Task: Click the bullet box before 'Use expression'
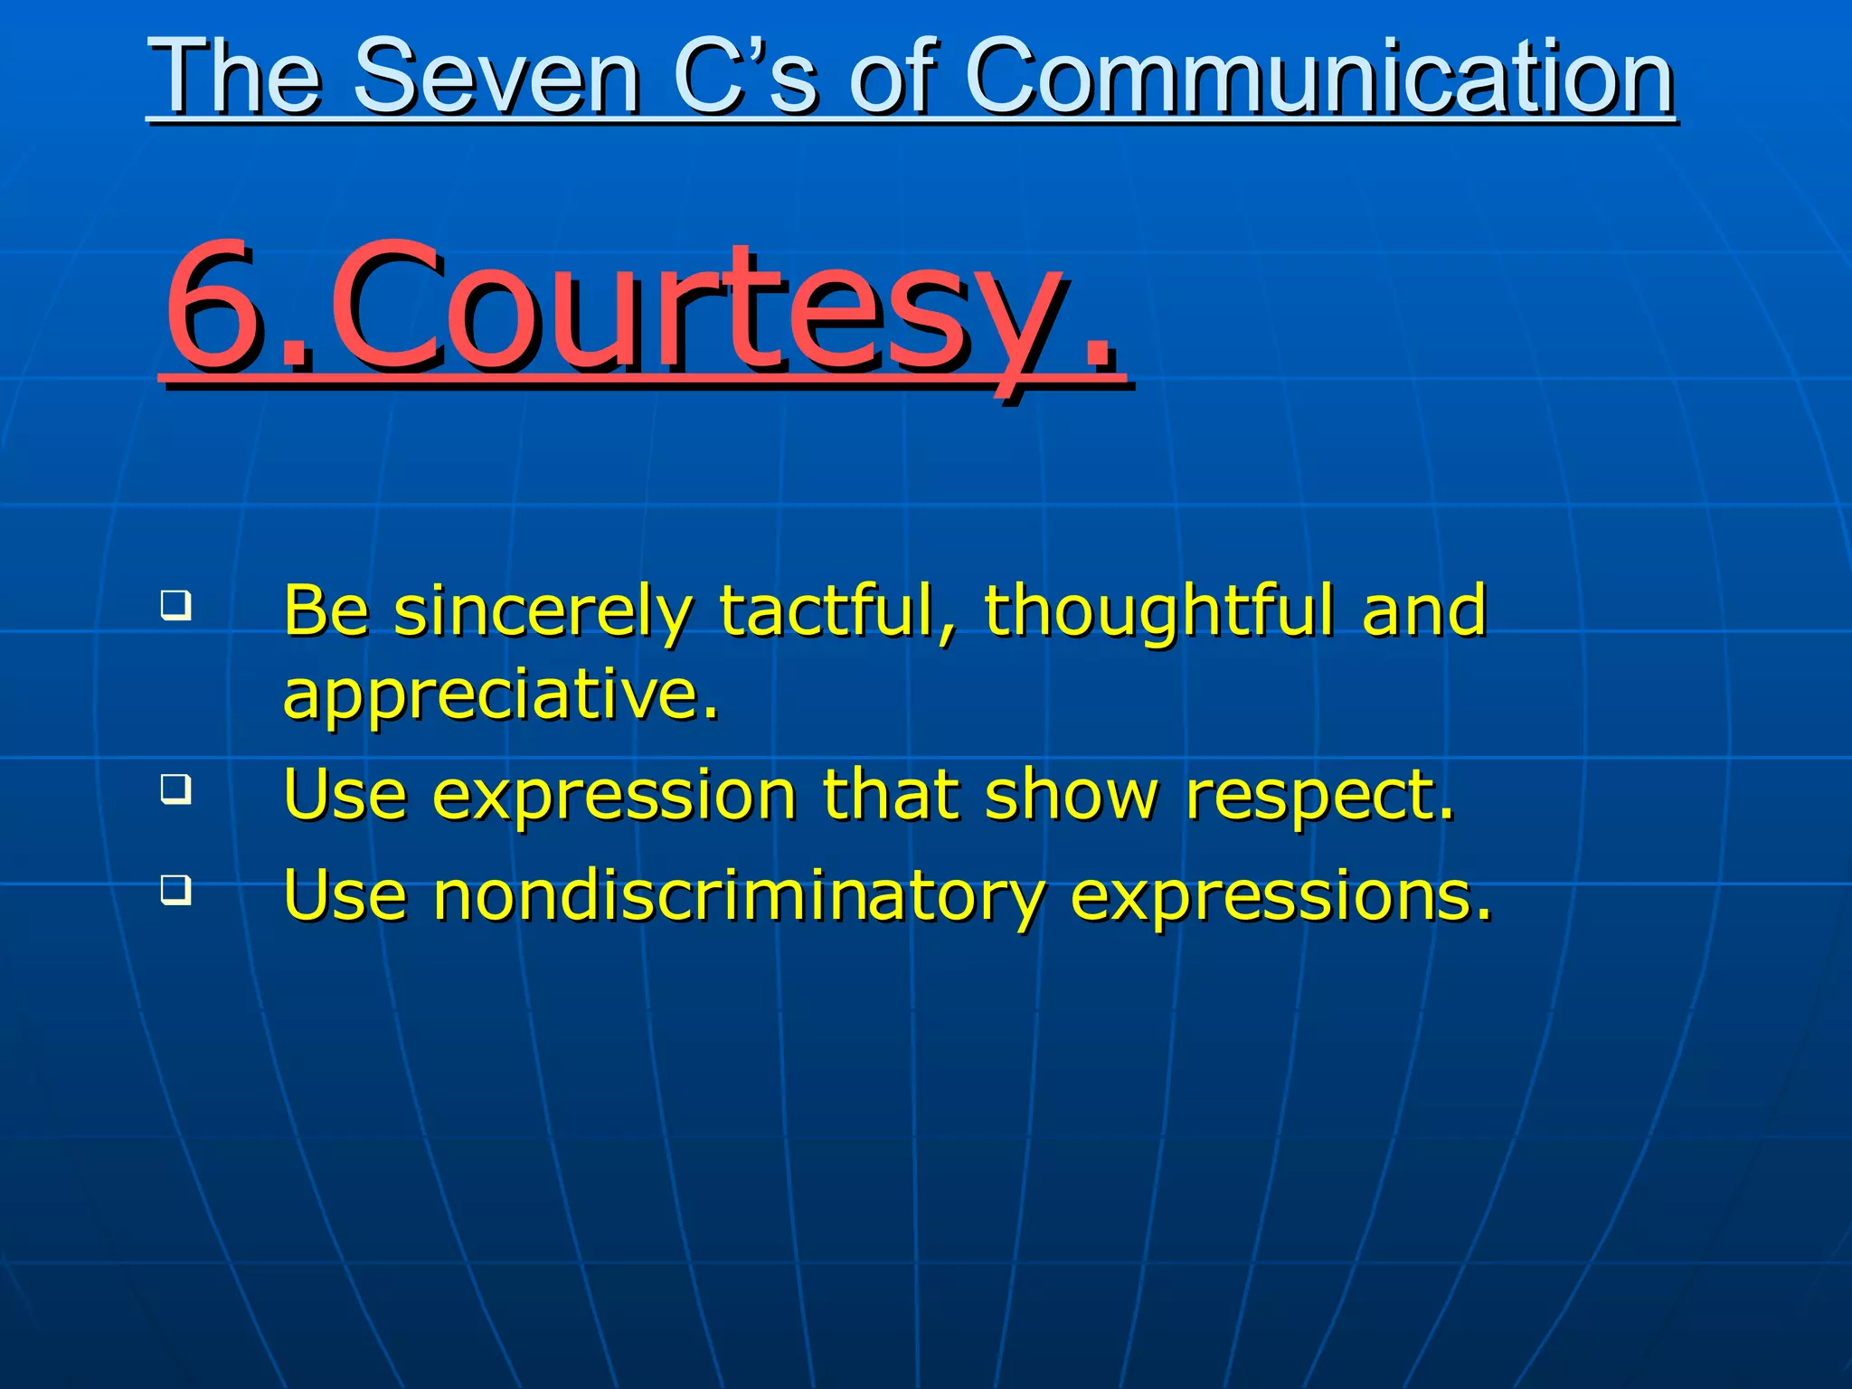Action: click(175, 789)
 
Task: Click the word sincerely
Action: click(543, 611)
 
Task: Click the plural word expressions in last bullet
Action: click(1280, 896)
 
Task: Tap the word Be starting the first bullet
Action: click(326, 611)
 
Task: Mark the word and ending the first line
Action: click(1424, 611)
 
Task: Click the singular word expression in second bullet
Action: click(615, 796)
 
